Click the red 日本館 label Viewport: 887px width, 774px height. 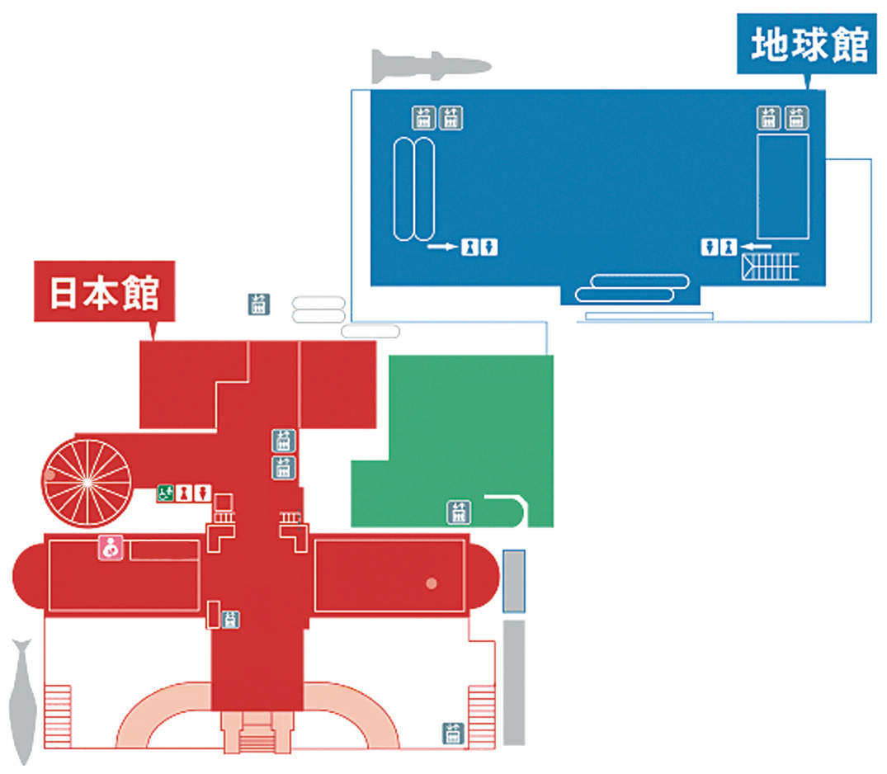coord(104,291)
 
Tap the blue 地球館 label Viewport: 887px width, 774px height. coord(808,45)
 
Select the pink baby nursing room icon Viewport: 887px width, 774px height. coord(111,548)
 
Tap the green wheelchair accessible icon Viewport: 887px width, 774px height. coord(165,493)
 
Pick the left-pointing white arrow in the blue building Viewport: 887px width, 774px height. coord(756,245)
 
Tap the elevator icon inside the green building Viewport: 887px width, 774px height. coord(458,512)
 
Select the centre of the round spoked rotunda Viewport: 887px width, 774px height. coord(87,481)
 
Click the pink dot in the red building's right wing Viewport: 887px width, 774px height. coord(431,584)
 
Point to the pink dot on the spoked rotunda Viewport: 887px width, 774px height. coord(50,475)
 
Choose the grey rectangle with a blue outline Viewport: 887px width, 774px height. coord(514,581)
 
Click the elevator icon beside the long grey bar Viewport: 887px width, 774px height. coord(451,732)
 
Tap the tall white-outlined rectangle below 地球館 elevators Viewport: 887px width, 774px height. coord(782,186)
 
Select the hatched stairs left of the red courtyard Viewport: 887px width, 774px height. coord(58,715)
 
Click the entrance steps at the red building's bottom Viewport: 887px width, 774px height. coord(258,733)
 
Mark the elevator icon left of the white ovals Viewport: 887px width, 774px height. coord(258,304)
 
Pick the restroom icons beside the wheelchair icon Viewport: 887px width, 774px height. coord(192,493)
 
